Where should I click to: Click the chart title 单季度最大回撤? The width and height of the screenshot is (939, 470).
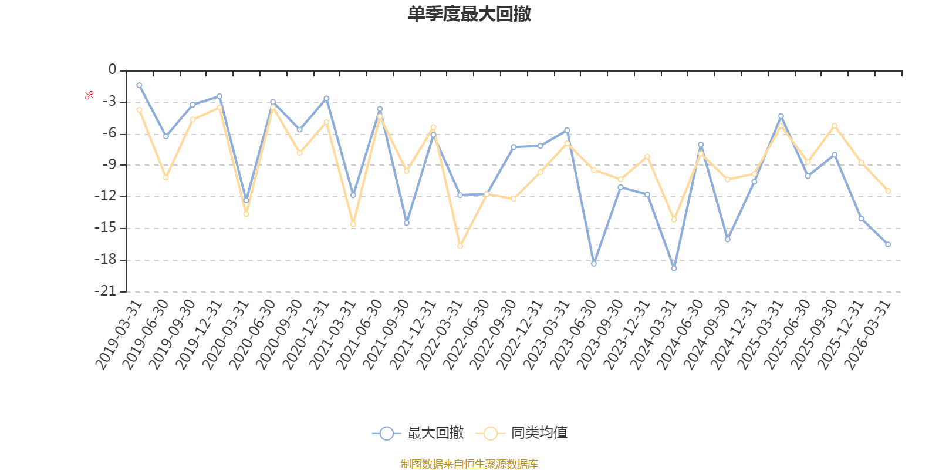(469, 14)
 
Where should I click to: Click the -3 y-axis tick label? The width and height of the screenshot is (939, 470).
(109, 102)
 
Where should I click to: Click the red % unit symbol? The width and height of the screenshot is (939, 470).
(89, 95)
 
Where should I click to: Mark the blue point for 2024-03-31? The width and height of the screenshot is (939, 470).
(674, 268)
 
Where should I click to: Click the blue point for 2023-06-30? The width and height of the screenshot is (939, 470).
(594, 264)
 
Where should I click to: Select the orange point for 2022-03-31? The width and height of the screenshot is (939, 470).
(460, 246)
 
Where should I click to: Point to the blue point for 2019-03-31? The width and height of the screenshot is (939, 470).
(139, 85)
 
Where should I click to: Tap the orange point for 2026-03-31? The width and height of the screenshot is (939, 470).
(888, 191)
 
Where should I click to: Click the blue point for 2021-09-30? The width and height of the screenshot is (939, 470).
(407, 223)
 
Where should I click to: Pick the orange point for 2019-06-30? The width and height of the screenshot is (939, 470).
(166, 177)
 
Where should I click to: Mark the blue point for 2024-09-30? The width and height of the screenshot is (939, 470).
(728, 240)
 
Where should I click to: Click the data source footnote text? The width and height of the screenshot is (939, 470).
(469, 464)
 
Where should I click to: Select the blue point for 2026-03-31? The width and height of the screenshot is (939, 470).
(888, 244)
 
